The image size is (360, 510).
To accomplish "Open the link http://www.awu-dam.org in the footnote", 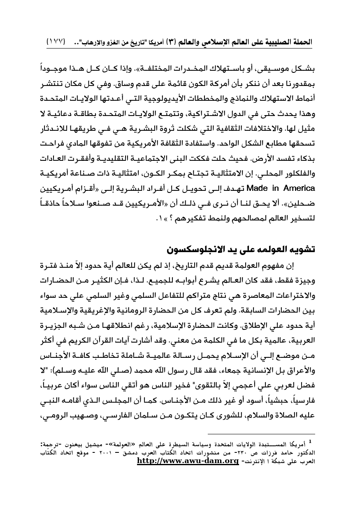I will point(188,461).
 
